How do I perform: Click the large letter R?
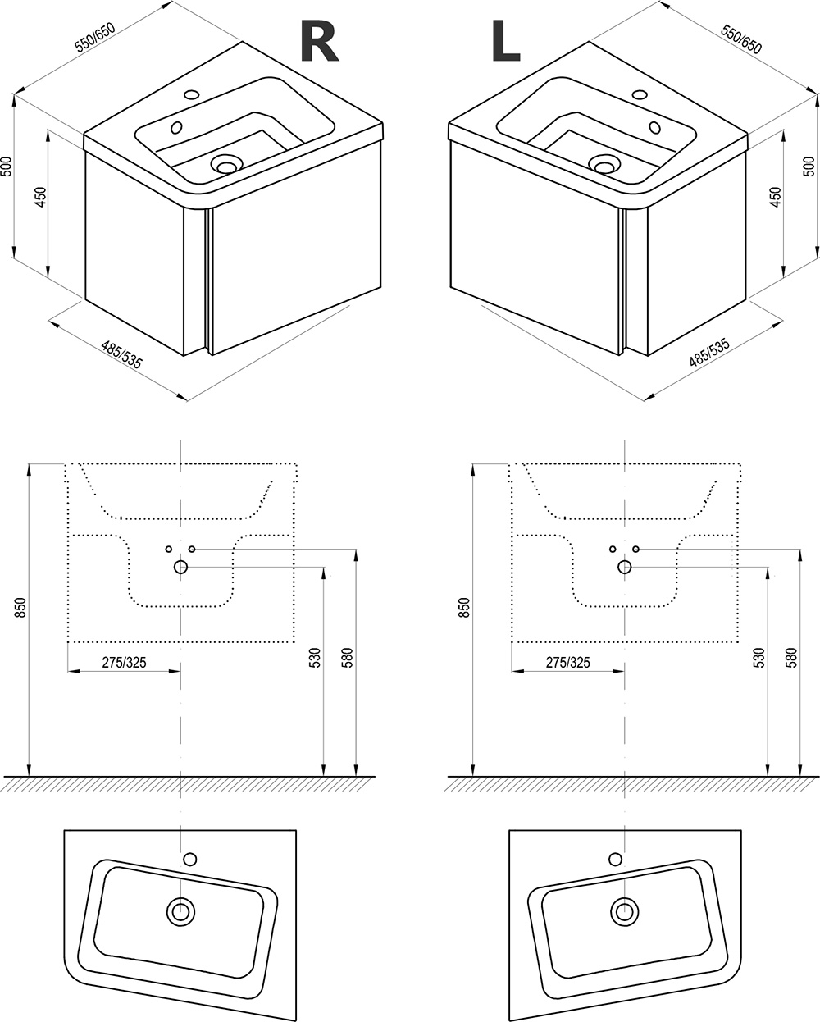point(319,43)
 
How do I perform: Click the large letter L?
point(505,43)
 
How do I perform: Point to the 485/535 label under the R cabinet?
point(122,355)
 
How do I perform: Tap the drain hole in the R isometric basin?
point(225,164)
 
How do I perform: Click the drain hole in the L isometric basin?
point(605,165)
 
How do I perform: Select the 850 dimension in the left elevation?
point(21,608)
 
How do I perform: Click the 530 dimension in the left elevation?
point(314,657)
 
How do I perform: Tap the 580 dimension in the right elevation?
point(790,657)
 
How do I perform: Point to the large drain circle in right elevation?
point(625,567)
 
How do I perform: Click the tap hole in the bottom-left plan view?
point(190,859)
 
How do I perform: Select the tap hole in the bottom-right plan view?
point(615,859)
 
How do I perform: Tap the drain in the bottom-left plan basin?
point(181,910)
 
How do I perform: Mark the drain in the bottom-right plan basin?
point(624,910)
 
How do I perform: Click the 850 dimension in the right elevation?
point(465,608)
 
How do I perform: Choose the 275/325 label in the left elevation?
point(124,663)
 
